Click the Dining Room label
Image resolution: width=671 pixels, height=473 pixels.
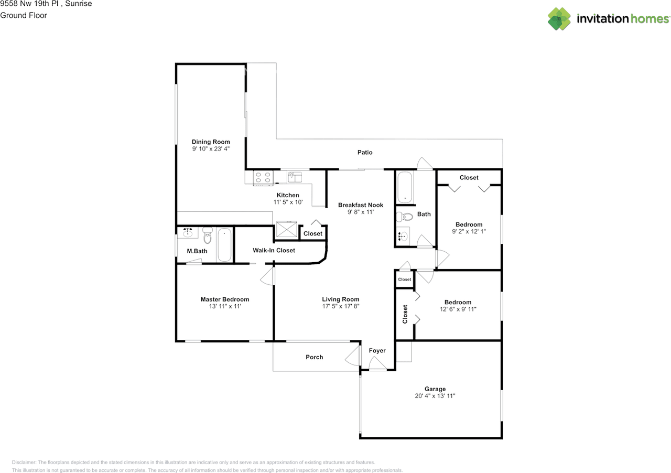coord(211,142)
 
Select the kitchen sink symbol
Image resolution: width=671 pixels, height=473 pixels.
coord(295,177)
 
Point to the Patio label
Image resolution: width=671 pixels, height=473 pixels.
coord(365,152)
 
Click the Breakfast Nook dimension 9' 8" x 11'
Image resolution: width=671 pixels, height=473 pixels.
coord(361,212)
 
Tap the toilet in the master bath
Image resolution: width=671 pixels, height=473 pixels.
coord(207,235)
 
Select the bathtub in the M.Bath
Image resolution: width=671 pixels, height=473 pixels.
coord(224,245)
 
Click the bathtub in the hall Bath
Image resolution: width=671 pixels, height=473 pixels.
coord(405,187)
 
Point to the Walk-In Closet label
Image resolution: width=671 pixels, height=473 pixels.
coord(274,250)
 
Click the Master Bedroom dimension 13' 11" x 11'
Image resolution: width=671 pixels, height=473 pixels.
coord(225,306)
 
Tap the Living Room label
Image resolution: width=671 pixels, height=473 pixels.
coord(341,299)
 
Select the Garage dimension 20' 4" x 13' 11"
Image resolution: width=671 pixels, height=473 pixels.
coord(435,396)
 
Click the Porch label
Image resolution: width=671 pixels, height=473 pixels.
coord(314,357)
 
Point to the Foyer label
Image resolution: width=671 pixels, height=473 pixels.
coord(377,350)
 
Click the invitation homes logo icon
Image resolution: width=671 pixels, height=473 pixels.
coord(559,19)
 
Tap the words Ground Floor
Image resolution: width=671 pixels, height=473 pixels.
coord(24,15)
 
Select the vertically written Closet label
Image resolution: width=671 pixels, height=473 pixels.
coord(405,314)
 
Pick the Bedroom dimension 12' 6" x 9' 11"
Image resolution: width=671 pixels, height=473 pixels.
coord(458,309)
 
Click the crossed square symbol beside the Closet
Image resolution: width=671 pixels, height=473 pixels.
coord(287,229)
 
